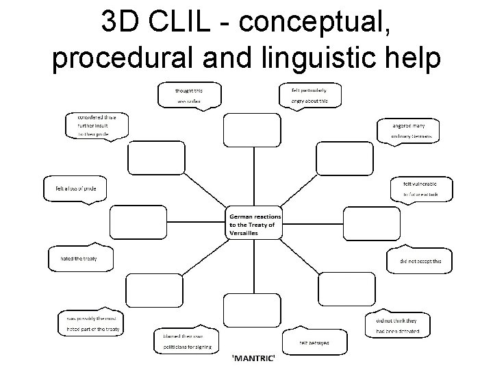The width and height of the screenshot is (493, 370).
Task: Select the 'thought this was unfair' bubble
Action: tap(190, 95)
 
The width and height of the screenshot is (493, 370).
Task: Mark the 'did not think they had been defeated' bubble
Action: tap(403, 325)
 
